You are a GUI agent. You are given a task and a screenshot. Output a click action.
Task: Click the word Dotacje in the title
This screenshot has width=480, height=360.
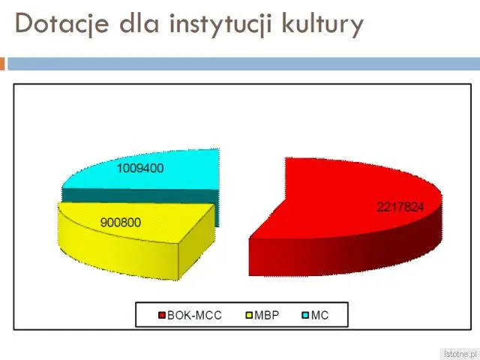tap(61, 23)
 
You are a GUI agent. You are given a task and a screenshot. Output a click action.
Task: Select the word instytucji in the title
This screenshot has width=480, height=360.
tap(220, 25)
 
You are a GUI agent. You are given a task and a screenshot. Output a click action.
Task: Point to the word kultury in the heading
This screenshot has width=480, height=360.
tap(322, 25)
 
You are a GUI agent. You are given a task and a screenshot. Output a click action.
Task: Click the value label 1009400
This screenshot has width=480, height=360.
tap(140, 168)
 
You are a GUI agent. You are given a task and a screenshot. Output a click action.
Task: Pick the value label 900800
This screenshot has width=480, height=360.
tap(121, 223)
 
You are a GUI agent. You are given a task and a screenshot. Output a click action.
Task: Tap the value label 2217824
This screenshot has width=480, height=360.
tap(400, 207)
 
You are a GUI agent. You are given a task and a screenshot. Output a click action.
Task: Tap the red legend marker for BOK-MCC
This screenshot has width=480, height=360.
tap(162, 315)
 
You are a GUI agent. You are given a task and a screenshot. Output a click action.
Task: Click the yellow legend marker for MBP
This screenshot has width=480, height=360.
tap(250, 315)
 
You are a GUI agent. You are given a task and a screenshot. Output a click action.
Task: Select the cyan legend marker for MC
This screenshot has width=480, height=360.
tap(305, 315)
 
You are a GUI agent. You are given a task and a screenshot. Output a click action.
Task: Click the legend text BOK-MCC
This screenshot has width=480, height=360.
tap(194, 315)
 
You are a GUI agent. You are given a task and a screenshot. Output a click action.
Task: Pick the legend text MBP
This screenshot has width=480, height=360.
tap(267, 315)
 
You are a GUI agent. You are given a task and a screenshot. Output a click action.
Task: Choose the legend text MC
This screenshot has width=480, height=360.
tap(320, 315)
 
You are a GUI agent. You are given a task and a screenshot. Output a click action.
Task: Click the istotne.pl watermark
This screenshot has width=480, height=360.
tap(460, 354)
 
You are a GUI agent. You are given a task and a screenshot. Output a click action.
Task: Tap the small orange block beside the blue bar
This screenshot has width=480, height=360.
tap(2, 64)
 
